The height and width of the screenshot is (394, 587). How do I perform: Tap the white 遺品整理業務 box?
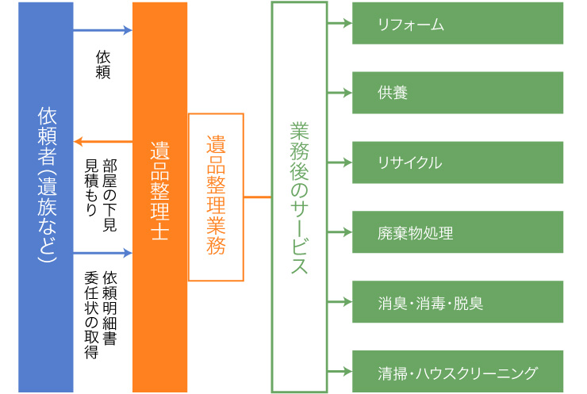click(x=216, y=197)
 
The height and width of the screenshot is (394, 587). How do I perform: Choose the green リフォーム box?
click(x=458, y=24)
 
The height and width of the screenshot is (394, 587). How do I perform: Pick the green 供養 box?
click(x=458, y=93)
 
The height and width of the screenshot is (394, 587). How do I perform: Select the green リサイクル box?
click(x=458, y=163)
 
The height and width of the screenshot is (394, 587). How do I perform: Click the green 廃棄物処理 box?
click(x=458, y=232)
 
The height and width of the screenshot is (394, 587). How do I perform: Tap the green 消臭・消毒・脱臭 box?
click(x=458, y=302)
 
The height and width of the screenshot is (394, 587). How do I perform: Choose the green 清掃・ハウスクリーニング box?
click(x=458, y=372)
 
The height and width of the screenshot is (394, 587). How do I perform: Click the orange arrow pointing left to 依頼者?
click(x=102, y=142)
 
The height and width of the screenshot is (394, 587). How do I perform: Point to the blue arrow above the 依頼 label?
click(x=102, y=31)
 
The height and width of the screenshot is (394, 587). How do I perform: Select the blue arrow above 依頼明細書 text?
click(x=102, y=254)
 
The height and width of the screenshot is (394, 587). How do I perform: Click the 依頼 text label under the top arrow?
click(x=103, y=64)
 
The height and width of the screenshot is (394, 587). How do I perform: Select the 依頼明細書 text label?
click(x=110, y=305)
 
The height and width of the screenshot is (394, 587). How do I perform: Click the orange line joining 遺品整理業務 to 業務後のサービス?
click(x=257, y=197)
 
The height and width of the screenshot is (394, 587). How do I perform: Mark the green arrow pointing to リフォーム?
click(x=339, y=24)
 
